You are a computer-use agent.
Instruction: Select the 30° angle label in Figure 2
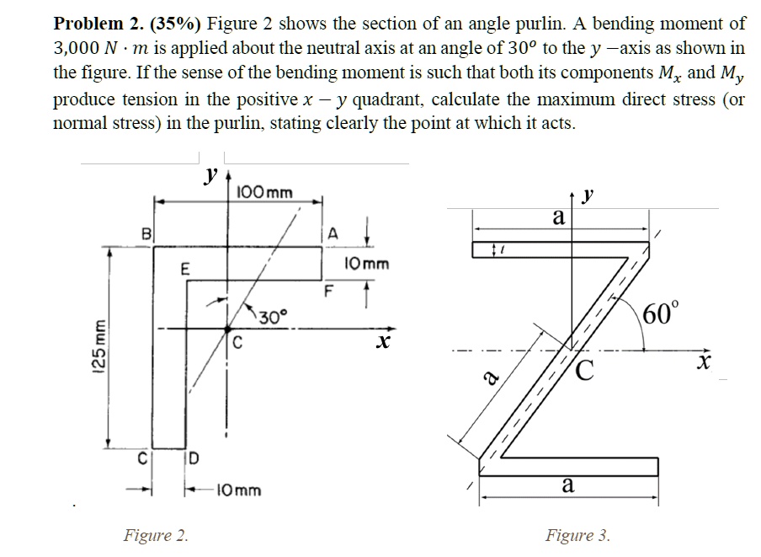pos(271,317)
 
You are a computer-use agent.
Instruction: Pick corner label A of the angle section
pos(334,233)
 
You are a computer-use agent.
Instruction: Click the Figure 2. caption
pos(156,534)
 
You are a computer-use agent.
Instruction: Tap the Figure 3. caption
pos(577,534)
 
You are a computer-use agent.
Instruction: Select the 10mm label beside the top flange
pos(367,263)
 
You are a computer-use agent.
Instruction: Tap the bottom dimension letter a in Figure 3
pos(568,485)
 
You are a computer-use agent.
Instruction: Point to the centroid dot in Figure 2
pos(226,329)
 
